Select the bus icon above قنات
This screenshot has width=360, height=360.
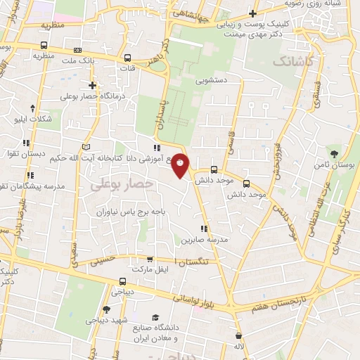[x=127, y=59]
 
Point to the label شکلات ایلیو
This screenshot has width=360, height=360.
[x=34, y=118]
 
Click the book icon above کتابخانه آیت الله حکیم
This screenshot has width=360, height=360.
[x=86, y=147]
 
